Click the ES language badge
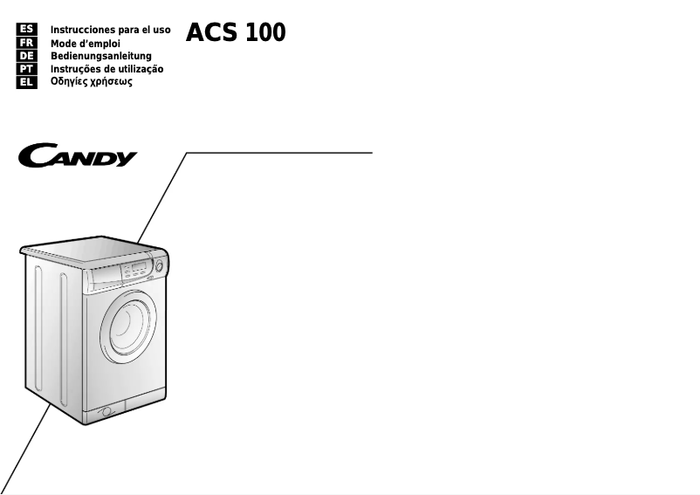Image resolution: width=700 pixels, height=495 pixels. click(26, 30)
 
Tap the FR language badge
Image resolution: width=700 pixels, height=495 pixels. click(26, 43)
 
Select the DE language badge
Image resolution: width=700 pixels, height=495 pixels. click(26, 56)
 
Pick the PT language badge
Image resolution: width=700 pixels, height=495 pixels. click(26, 69)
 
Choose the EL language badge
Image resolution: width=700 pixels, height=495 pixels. click(26, 82)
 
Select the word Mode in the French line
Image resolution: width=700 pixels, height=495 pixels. click(65, 43)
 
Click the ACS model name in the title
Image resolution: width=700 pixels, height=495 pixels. click(211, 33)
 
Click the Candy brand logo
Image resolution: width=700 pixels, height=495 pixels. click(79, 157)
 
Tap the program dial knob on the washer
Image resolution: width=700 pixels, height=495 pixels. click(161, 265)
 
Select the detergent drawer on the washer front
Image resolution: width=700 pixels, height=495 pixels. click(104, 280)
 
